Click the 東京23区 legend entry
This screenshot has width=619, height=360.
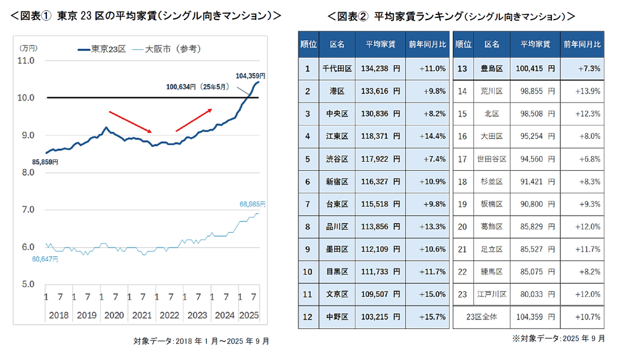click(x=101, y=49)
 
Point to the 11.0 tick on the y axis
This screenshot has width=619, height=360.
click(x=27, y=60)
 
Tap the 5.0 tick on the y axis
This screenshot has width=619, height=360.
click(x=27, y=284)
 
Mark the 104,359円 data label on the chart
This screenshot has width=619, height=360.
click(x=250, y=75)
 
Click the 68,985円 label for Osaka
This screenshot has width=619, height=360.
click(x=252, y=204)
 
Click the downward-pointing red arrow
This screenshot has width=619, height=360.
click(x=130, y=122)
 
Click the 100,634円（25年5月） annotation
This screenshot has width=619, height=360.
click(x=197, y=87)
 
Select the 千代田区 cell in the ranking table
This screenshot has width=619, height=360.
click(x=337, y=69)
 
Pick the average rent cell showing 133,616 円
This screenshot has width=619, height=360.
click(x=381, y=91)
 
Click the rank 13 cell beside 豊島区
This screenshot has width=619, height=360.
click(x=463, y=69)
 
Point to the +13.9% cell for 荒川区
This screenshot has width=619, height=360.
click(x=581, y=91)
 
